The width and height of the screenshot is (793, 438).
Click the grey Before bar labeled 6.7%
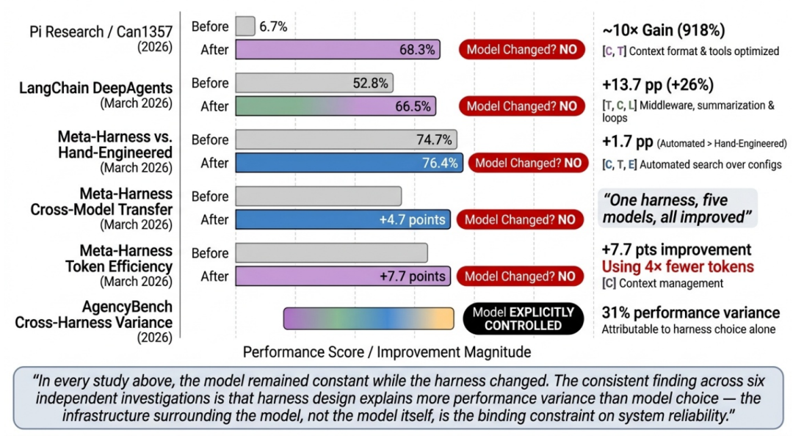click(245, 26)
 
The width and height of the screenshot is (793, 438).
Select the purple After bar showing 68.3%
click(338, 50)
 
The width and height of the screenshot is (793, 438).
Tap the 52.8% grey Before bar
click(314, 83)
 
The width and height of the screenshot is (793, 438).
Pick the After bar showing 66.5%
click(336, 106)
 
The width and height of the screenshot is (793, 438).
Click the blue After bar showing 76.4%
click(349, 163)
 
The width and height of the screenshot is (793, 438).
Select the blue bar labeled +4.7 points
click(343, 219)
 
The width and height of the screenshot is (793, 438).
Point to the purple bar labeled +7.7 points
click(343, 276)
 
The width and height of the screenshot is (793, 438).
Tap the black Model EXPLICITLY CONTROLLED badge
click(524, 318)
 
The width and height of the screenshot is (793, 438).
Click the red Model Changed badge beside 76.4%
click(528, 163)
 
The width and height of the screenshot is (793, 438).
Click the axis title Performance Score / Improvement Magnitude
click(387, 352)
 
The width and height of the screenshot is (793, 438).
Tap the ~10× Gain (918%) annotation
click(664, 31)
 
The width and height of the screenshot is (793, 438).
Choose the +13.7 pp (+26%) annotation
click(659, 84)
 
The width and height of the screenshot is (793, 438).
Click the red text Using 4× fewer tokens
click(678, 266)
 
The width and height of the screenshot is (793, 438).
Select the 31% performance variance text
click(691, 313)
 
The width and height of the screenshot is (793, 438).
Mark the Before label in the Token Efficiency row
click(210, 253)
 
